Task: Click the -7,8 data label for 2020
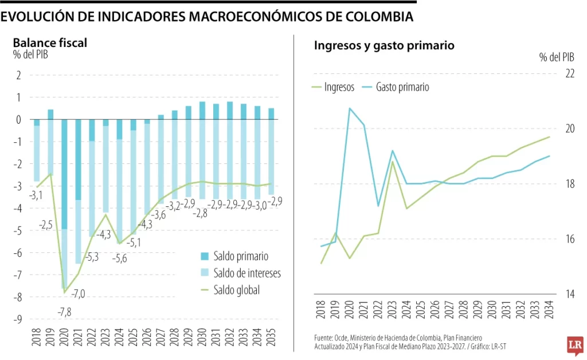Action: [65, 312]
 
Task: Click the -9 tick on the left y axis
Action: [18, 319]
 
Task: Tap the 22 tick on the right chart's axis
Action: [570, 74]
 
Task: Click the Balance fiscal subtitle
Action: [50, 43]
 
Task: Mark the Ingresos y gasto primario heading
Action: [384, 45]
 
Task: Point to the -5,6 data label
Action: [119, 259]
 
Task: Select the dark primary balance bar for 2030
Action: [202, 111]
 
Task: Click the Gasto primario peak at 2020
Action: [350, 108]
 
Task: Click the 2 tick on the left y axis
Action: [18, 75]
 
